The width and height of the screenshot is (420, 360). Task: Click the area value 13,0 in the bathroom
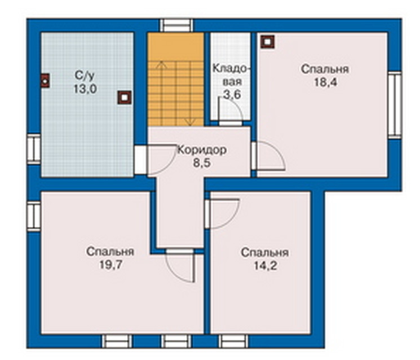coord(85,89)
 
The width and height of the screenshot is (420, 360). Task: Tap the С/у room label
coord(85,76)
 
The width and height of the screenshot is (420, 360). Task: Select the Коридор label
coord(202,150)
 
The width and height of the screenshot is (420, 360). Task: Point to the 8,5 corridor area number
coord(202,163)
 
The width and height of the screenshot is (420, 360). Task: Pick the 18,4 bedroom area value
coord(325,82)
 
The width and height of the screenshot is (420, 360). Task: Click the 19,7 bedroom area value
coord(110,265)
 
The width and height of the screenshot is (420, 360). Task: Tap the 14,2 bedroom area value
coord(265,266)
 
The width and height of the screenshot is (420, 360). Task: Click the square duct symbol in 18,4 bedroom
coord(268,42)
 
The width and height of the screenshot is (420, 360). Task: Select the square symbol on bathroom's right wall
coord(124,98)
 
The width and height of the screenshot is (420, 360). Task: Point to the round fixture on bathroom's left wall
coord(46,81)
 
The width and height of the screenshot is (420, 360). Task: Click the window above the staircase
coord(176,25)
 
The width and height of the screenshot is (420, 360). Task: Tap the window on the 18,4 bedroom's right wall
coord(395,105)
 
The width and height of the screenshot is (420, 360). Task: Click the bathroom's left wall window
coord(34,149)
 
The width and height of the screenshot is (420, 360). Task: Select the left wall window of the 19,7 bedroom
coord(34,217)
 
